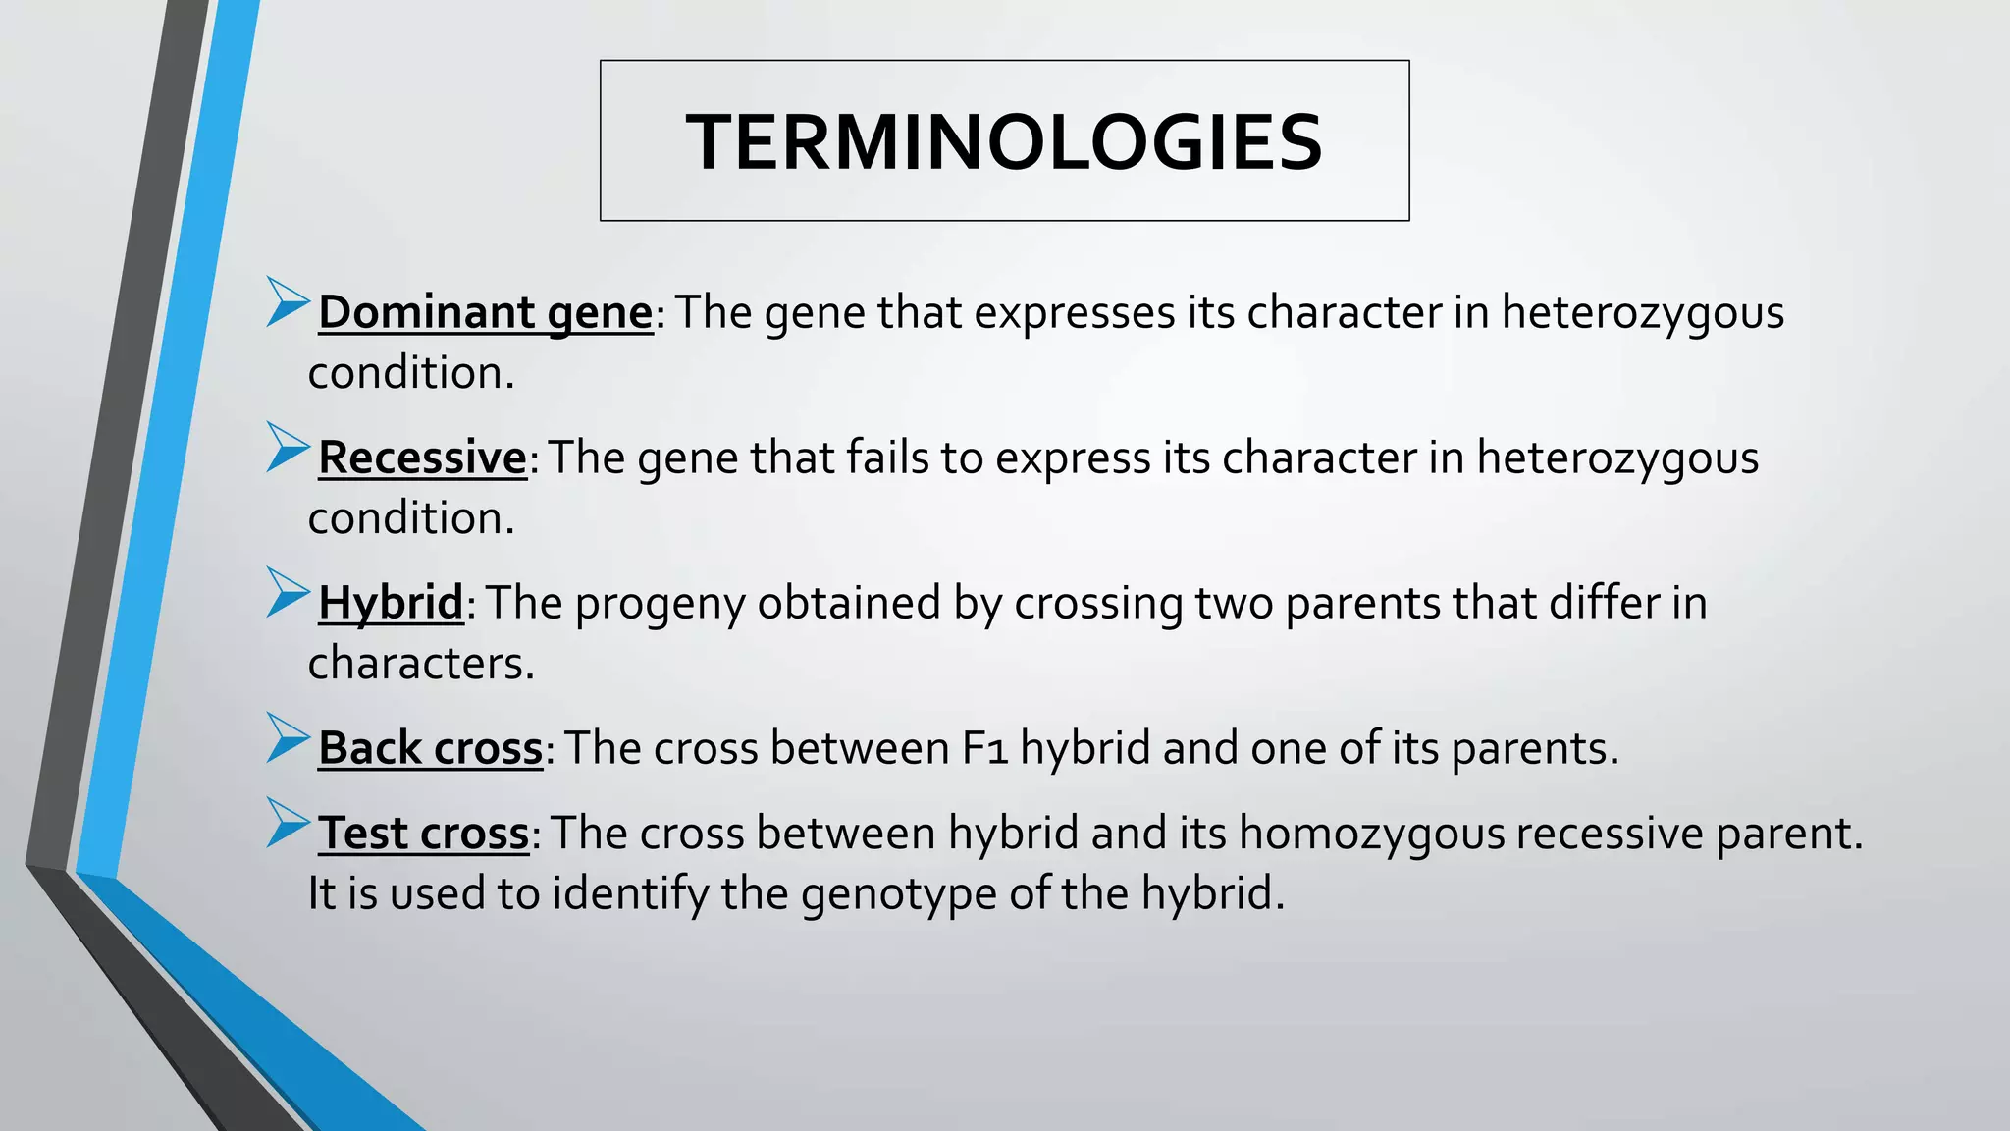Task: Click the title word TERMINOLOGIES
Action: (1004, 141)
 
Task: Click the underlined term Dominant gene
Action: (485, 312)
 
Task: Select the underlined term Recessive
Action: (422, 458)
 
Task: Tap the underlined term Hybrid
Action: (390, 602)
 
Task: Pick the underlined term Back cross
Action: (430, 748)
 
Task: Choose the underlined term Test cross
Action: (423, 834)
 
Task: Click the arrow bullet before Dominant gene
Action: (287, 301)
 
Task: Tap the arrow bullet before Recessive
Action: (287, 448)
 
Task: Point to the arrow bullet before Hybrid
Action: (287, 592)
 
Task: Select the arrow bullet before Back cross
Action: (287, 738)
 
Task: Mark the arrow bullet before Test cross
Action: (287, 823)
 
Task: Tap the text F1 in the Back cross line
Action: (984, 748)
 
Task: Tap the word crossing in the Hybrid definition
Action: (1098, 604)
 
